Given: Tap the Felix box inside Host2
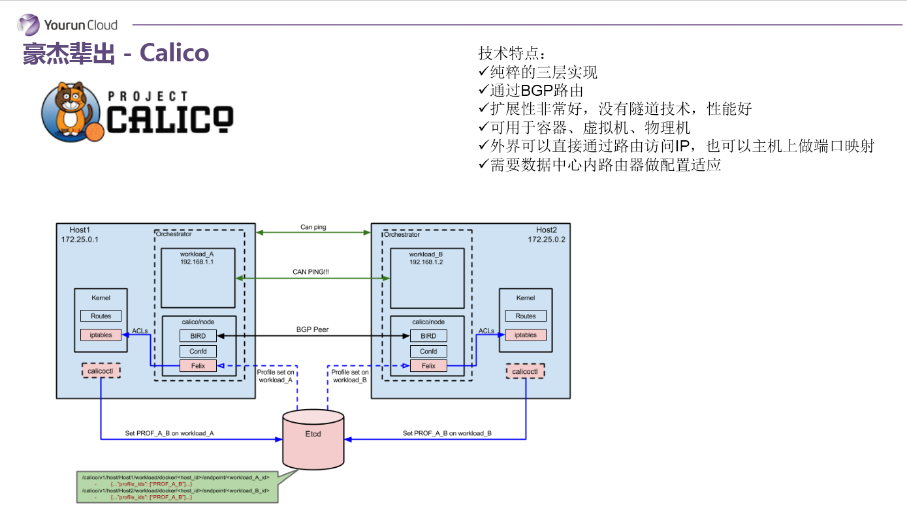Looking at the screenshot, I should pos(428,366).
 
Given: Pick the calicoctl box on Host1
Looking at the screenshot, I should pos(101,371).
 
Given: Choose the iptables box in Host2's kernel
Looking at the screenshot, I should pos(525,335).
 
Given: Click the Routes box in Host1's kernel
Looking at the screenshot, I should pos(101,316).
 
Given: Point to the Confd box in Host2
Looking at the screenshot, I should pos(428,351).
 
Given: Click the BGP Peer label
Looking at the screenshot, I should pos(312,330).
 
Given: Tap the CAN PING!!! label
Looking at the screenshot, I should pos(311,271).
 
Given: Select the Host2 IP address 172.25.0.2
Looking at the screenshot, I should pos(547,239).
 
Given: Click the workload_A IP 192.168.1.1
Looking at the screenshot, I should pos(197,261).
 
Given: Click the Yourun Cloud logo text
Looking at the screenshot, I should pos(80,25).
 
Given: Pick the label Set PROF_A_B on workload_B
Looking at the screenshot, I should pos(447,433).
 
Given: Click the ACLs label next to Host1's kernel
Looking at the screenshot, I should pos(140,331).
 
